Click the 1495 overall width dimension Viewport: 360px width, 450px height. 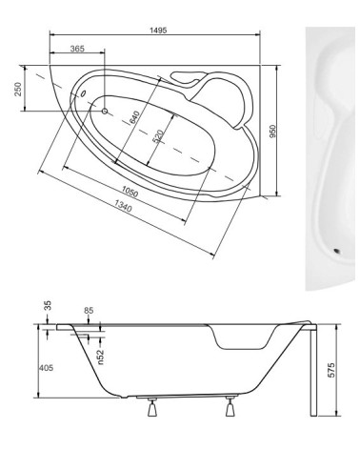(158, 31)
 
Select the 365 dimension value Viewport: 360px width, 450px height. (77, 49)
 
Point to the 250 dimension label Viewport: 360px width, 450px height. (18, 90)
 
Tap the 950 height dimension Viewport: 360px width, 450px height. (272, 132)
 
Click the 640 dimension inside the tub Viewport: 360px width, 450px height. (134, 117)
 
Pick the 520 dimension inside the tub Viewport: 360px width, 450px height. (159, 136)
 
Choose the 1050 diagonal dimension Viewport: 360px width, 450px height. (130, 192)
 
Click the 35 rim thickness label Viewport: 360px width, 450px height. (48, 306)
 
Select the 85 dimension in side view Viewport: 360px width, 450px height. (90, 311)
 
